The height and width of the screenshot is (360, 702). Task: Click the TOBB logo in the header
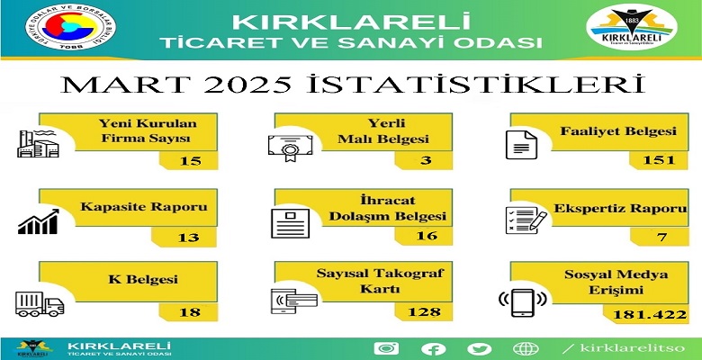70,27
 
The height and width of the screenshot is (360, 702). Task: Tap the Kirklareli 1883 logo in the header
631,27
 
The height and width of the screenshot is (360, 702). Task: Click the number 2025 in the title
247,85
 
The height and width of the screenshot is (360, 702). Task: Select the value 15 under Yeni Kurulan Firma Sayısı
191,160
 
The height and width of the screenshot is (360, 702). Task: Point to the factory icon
38,143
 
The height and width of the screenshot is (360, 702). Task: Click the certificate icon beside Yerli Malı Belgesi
290,148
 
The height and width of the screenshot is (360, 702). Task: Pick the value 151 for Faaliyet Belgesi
659,160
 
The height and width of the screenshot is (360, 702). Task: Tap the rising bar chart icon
39,221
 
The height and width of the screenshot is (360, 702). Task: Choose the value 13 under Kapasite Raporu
188,237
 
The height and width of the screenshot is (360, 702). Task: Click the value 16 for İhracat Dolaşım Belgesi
427,236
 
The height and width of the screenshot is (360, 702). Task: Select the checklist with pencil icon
526,220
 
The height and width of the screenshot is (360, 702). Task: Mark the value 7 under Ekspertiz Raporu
662,237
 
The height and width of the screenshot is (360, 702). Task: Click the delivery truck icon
40,304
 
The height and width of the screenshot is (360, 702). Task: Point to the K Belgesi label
143,280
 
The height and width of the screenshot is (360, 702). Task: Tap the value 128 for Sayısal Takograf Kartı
424,311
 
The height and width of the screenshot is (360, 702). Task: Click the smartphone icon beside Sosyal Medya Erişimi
523,303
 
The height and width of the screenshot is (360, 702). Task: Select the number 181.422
650,315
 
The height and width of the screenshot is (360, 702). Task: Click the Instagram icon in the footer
386,348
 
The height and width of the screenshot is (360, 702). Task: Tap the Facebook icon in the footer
433,349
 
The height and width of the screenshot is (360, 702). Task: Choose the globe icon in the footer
526,348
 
